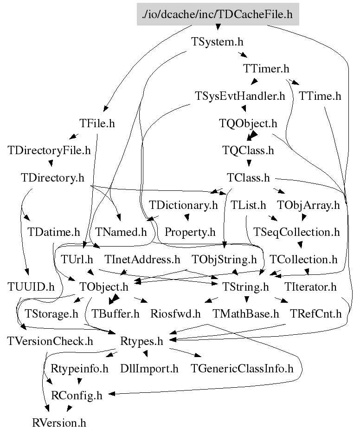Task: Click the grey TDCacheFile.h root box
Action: point(218,14)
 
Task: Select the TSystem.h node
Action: point(218,41)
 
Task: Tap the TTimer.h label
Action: point(266,69)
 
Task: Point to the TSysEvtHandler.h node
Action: point(239,96)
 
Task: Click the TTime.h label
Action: point(320,96)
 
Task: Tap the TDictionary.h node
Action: point(183,204)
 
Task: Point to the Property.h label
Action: point(190,231)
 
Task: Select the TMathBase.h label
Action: point(246,313)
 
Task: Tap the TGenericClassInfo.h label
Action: point(243,369)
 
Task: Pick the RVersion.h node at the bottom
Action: point(59,423)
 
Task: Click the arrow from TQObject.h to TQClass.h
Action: point(251,137)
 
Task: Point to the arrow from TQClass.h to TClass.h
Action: point(249,164)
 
